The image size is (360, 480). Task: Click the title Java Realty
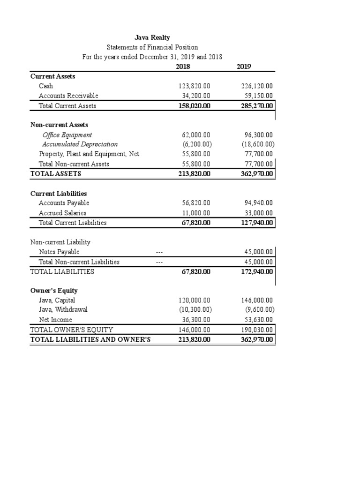pyautogui.click(x=152, y=37)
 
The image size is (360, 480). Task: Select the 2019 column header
pyautogui.click(x=244, y=67)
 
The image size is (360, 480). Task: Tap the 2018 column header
pyautogui.click(x=183, y=67)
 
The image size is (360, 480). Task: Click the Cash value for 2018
pyautogui.click(x=195, y=86)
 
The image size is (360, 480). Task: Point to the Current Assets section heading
pyautogui.click(x=53, y=76)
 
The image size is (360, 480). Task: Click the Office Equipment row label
pyautogui.click(x=67, y=135)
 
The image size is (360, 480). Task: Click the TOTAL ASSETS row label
pyautogui.click(x=56, y=174)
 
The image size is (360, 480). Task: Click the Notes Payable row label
pyautogui.click(x=59, y=252)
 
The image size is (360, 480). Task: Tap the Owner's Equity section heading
pyautogui.click(x=54, y=291)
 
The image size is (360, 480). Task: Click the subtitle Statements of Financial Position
pyautogui.click(x=152, y=47)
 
